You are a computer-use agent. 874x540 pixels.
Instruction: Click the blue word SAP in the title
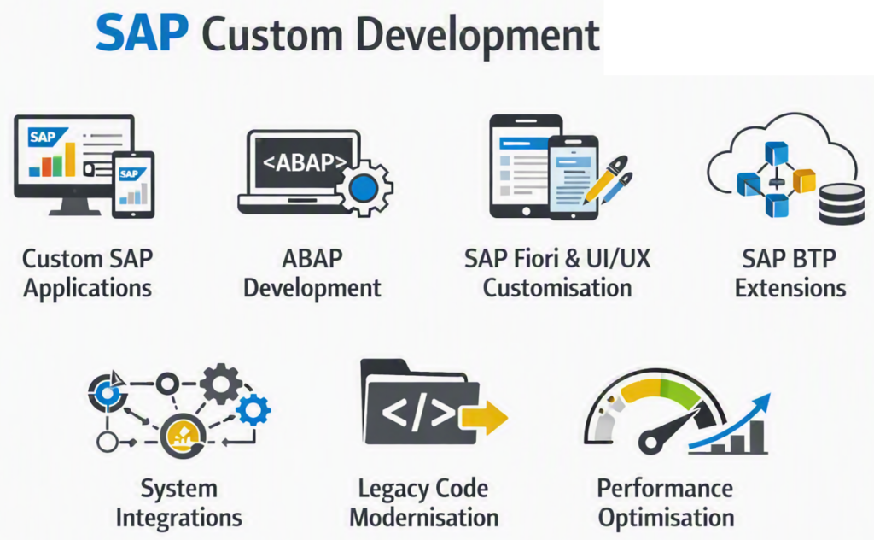pos(143,33)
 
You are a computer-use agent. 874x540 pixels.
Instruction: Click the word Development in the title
pos(478,36)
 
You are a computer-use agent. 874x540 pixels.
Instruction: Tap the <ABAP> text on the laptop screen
pos(305,162)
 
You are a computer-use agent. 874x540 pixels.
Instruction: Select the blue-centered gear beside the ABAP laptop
pos(364,188)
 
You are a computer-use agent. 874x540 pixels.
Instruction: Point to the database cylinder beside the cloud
pos(842,205)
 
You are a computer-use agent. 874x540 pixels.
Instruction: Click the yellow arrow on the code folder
pos(483,417)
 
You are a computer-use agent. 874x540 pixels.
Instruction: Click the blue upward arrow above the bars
pos(731,421)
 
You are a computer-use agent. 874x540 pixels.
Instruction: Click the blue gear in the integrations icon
pos(253,410)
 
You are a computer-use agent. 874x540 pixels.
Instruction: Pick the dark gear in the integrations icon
pos(221,384)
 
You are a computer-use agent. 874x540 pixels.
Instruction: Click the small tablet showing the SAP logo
pos(133,185)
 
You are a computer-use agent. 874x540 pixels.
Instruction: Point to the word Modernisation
pos(424,517)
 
